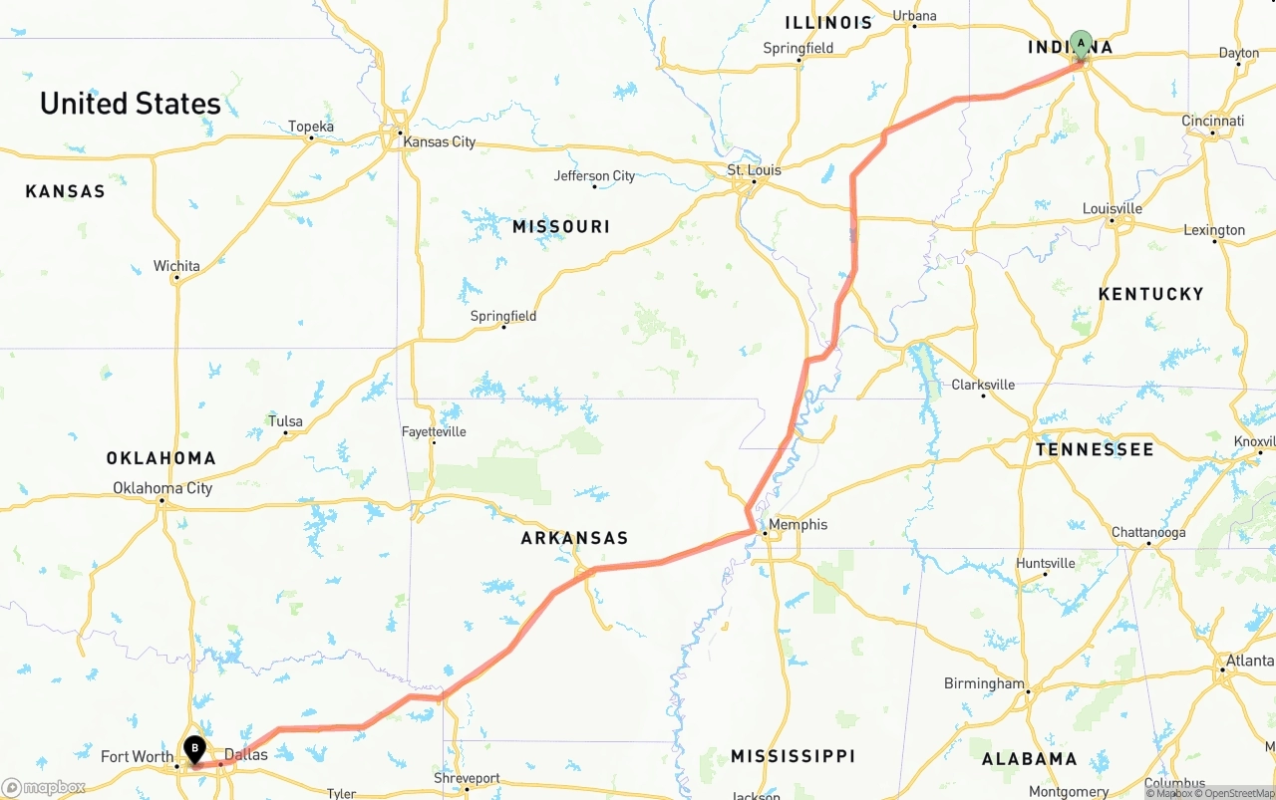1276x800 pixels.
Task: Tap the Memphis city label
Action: click(x=797, y=525)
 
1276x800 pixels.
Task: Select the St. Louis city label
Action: click(x=754, y=170)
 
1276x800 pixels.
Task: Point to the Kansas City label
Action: click(x=439, y=142)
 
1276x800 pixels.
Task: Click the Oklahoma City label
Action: click(x=162, y=488)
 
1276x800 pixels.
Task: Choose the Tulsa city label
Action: click(x=285, y=421)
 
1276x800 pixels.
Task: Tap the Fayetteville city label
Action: click(x=434, y=432)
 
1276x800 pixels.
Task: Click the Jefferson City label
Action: click(x=594, y=176)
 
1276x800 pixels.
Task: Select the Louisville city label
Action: click(x=1113, y=209)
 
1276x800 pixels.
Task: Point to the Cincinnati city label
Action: click(x=1213, y=122)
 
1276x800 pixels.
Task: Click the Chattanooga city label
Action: click(x=1148, y=533)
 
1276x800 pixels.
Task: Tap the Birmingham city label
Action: click(x=984, y=684)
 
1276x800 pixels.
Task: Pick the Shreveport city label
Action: click(x=467, y=778)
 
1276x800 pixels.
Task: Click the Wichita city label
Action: click(x=176, y=267)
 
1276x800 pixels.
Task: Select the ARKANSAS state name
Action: click(x=574, y=538)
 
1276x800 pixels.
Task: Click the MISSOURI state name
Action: click(x=561, y=227)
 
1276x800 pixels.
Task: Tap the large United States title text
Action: click(x=131, y=104)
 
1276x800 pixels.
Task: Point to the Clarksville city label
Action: click(x=983, y=386)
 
